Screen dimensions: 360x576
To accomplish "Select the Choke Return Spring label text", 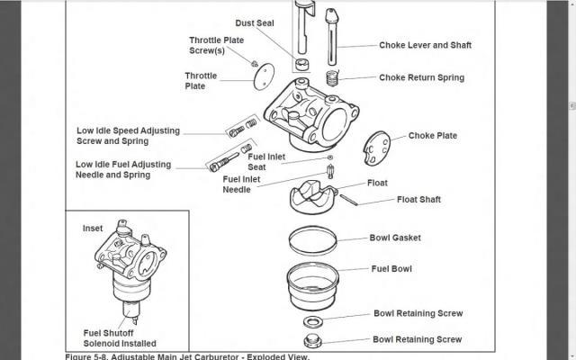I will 421,77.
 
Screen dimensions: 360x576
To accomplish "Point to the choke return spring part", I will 333,77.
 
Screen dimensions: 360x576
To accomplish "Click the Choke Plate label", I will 433,136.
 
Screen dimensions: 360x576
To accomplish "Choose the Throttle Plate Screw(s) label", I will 217,46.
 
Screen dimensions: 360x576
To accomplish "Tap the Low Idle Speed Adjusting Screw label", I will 127,136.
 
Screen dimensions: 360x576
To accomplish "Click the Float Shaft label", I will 418,199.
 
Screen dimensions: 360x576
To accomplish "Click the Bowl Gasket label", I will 395,238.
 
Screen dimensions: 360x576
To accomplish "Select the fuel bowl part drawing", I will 315,284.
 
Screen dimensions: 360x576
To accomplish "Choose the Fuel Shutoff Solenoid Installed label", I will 120,337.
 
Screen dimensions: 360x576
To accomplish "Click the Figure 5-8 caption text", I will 187,356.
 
